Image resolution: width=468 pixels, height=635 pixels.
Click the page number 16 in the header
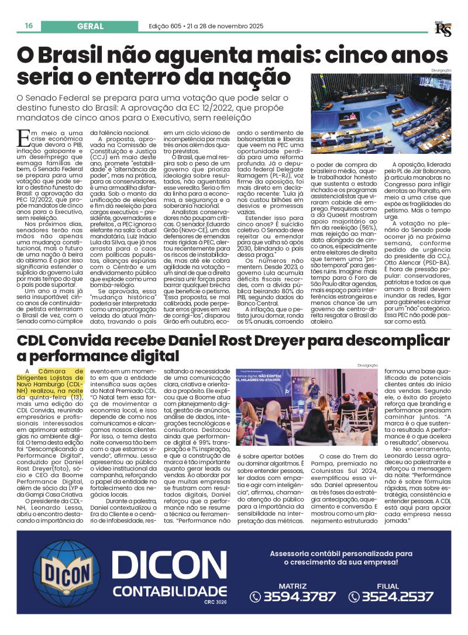pyautogui.click(x=28, y=26)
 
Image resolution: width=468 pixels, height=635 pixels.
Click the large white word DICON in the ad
pyautogui.click(x=169, y=565)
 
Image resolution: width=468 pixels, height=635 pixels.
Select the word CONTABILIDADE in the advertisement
pyautogui.click(x=169, y=591)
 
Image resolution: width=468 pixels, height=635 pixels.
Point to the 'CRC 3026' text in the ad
pyautogui.click(x=215, y=602)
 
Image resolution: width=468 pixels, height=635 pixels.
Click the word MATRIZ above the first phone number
pyautogui.click(x=292, y=585)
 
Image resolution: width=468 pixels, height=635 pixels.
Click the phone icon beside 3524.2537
pyautogui.click(x=354, y=597)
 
